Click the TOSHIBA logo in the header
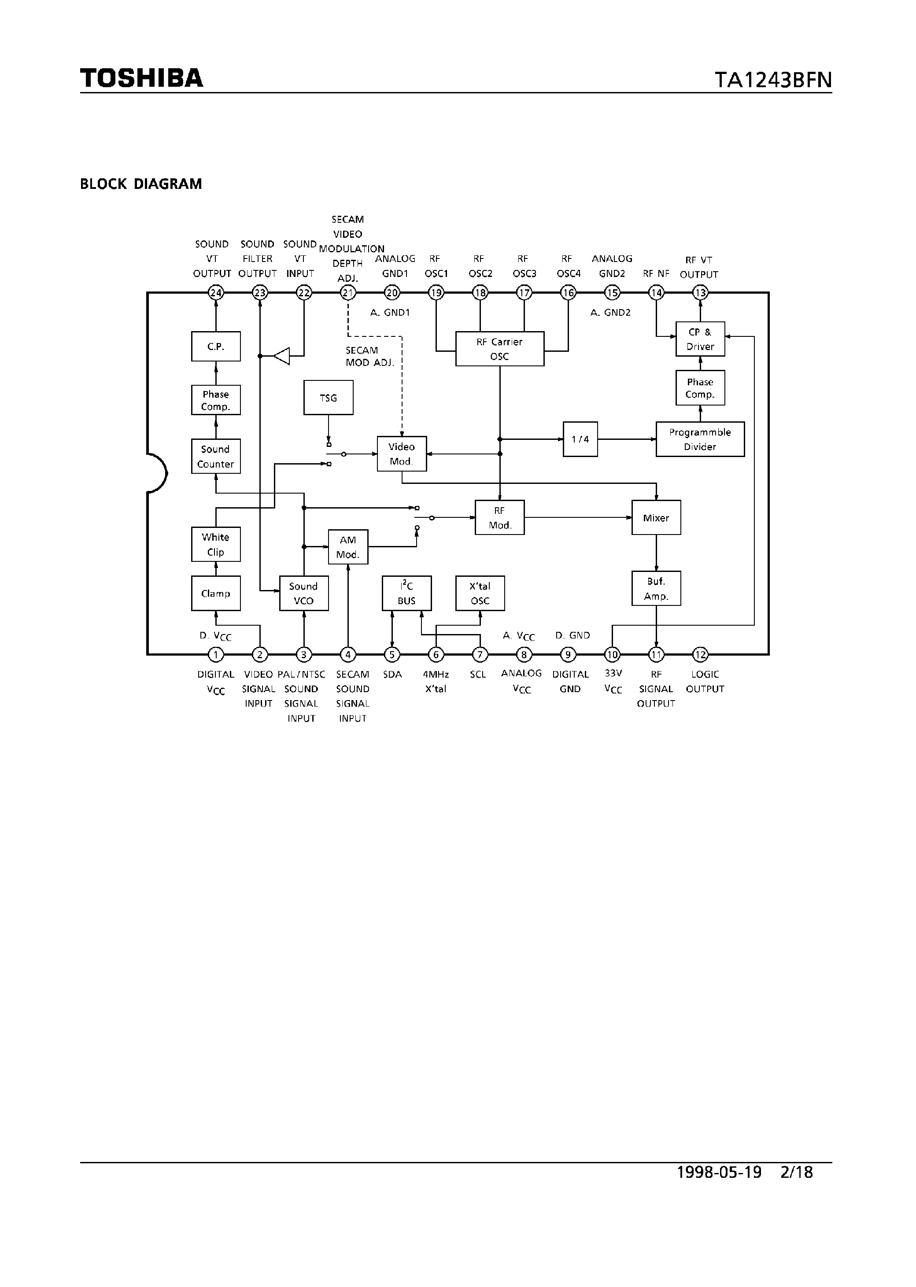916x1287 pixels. coord(141,78)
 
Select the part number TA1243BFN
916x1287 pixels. coord(773,80)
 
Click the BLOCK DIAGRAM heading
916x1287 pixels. coord(141,184)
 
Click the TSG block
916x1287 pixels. coord(328,398)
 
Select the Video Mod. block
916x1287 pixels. coord(402,454)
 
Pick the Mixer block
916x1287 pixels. coord(656,517)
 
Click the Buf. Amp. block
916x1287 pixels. coord(656,588)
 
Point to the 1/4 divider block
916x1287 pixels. coord(580,439)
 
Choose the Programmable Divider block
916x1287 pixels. coord(699,439)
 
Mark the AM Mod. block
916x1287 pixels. coord(348,546)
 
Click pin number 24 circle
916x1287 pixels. coord(216,293)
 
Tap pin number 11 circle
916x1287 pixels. coord(656,654)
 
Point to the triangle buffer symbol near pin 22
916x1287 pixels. coord(282,356)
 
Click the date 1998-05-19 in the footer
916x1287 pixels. coord(719,1172)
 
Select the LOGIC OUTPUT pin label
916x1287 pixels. coord(705,681)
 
